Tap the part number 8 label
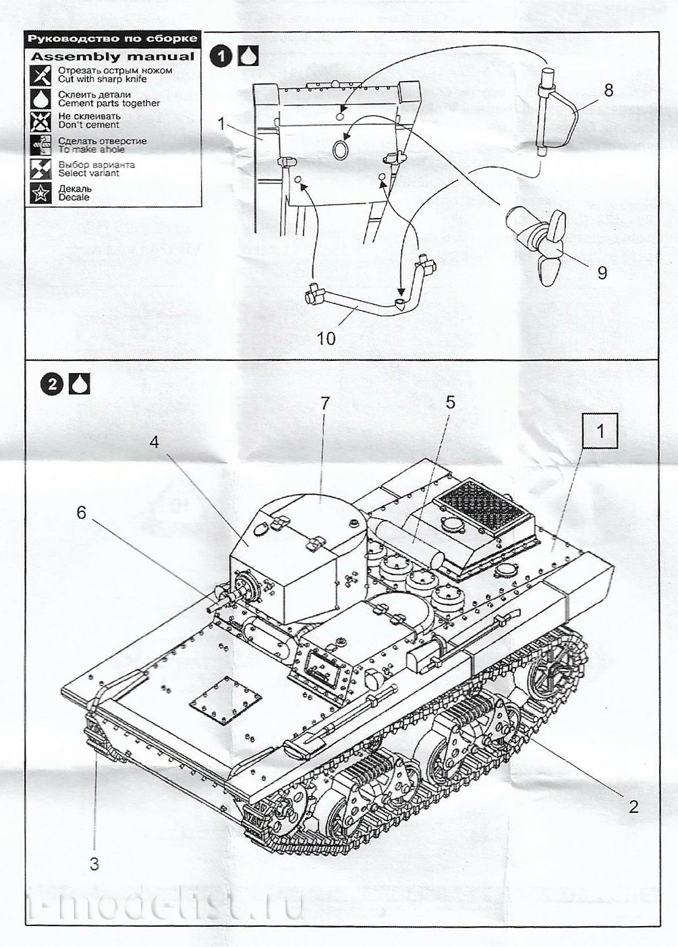point(609,90)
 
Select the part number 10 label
point(326,338)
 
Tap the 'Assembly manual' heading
point(113,57)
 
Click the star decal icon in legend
point(41,193)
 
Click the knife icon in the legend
point(41,75)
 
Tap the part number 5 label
point(450,403)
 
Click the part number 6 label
point(81,513)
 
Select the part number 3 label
point(94,863)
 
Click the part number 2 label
point(633,806)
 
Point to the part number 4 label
point(154,442)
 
